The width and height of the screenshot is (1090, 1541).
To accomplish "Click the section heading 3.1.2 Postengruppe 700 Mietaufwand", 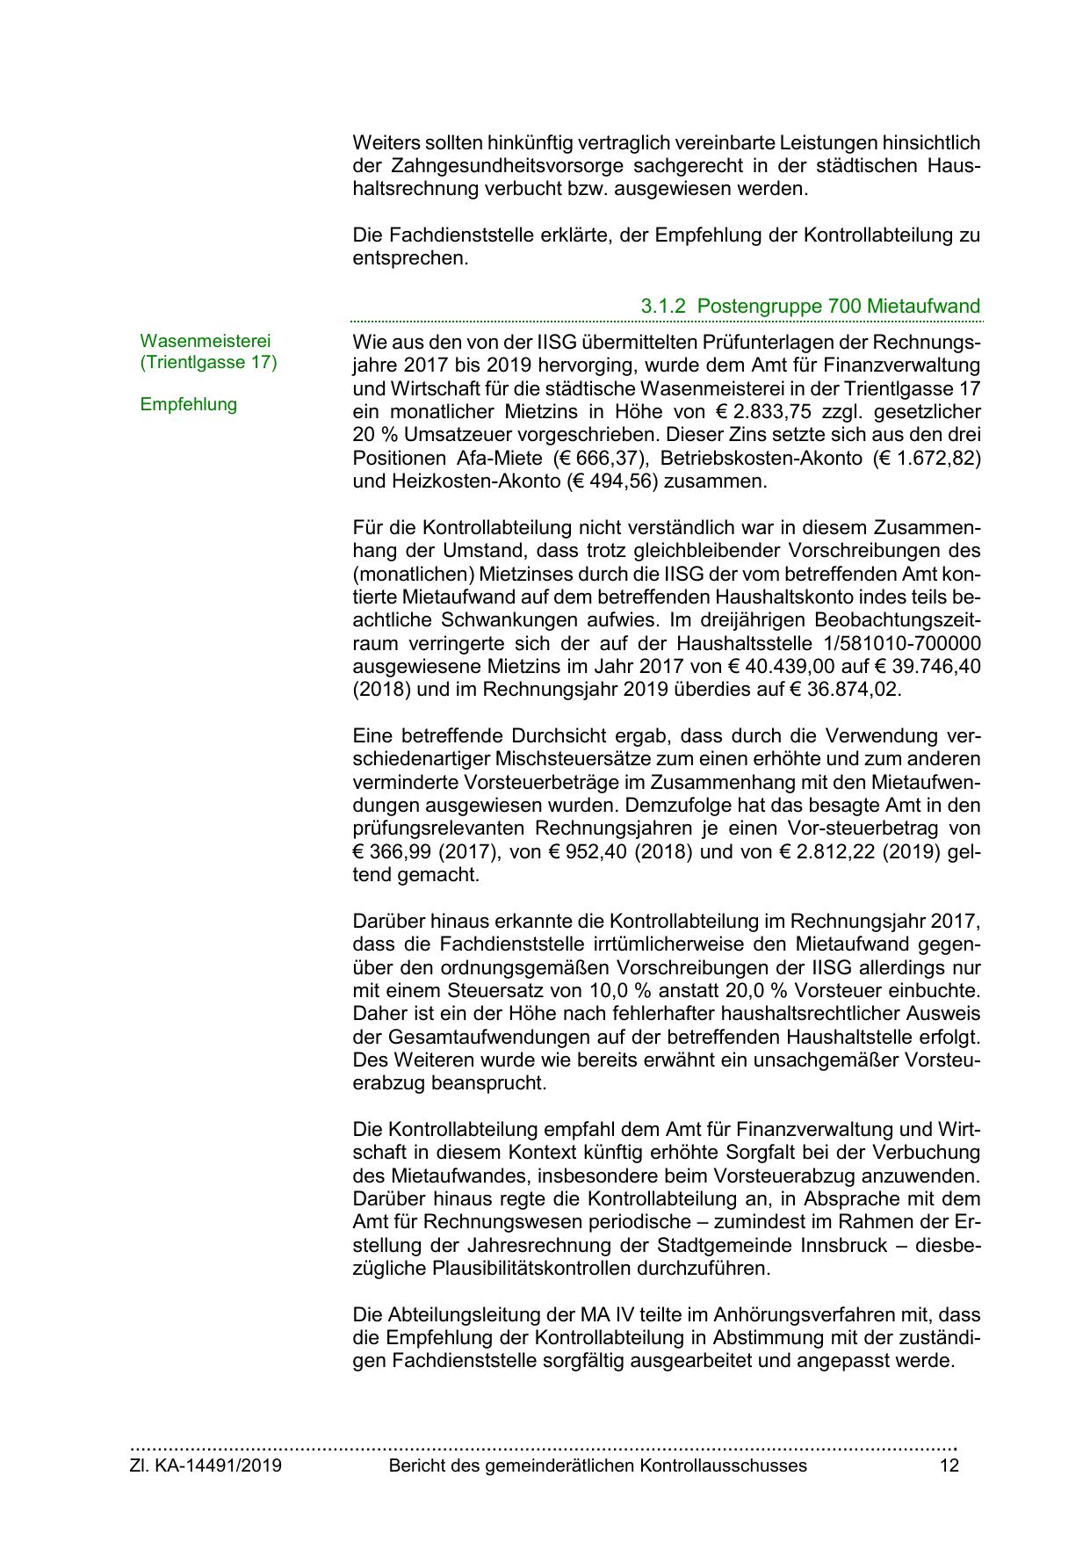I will pyautogui.click(x=810, y=307).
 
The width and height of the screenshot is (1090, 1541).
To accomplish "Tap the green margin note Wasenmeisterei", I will pyautogui.click(x=206, y=340).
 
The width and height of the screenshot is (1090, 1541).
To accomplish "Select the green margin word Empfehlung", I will pyautogui.click(x=188, y=404).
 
